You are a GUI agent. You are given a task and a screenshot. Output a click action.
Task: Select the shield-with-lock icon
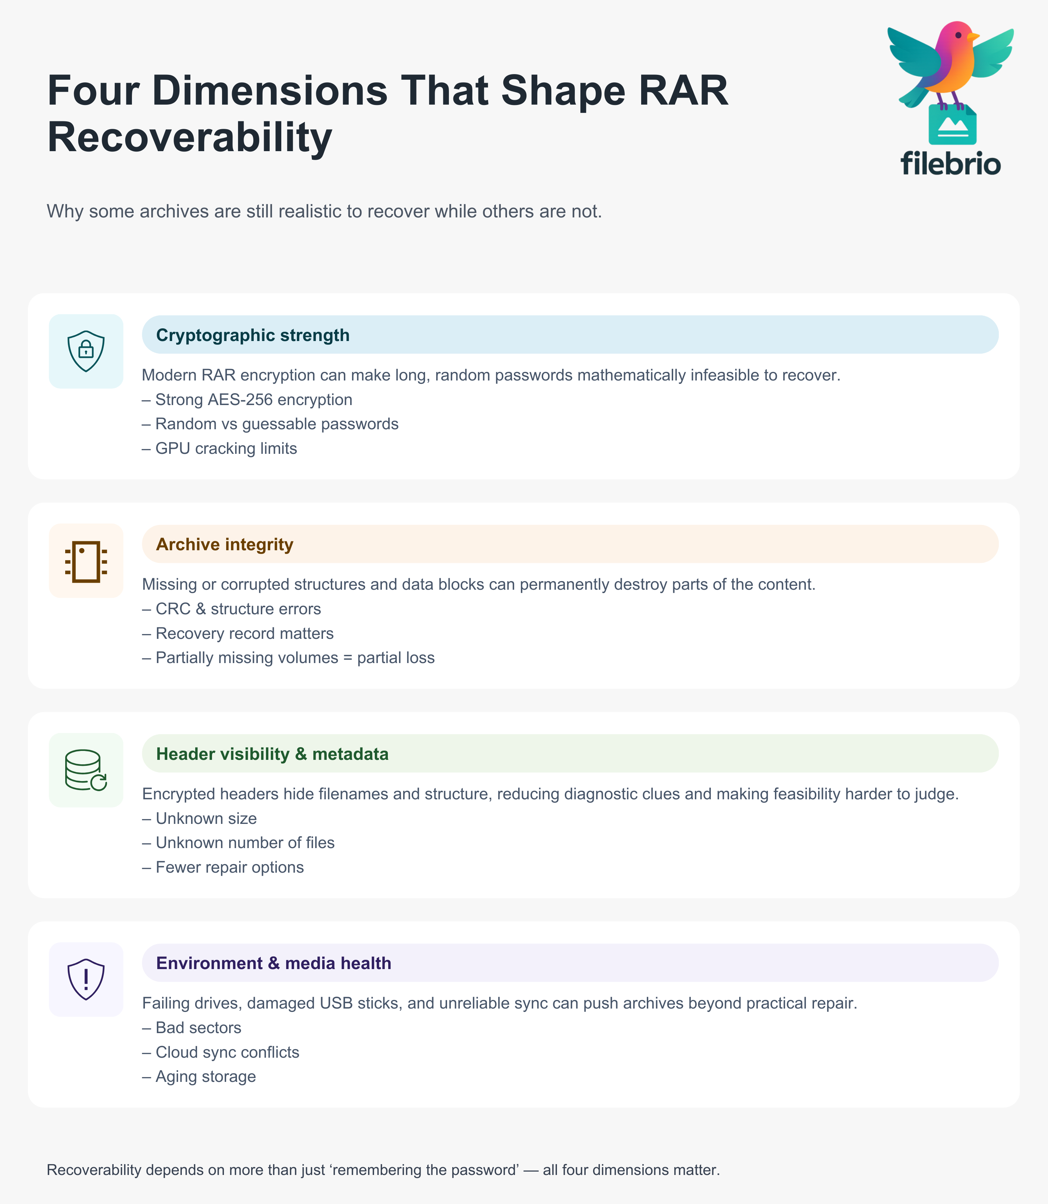coord(86,351)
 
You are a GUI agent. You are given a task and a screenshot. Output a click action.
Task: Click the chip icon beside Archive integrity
coord(86,561)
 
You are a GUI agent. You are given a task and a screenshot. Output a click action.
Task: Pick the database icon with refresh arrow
coord(86,770)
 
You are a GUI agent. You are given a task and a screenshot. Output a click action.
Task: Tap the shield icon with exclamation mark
coord(86,980)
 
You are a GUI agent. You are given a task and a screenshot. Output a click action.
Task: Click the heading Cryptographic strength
coord(253,335)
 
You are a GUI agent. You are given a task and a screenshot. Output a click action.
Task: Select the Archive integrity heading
coord(225,544)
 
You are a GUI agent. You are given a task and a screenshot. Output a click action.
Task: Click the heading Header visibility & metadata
coord(272,754)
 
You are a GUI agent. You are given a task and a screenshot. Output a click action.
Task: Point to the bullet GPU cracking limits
coord(226,448)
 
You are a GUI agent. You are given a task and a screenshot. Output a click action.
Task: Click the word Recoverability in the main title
coord(190,138)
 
